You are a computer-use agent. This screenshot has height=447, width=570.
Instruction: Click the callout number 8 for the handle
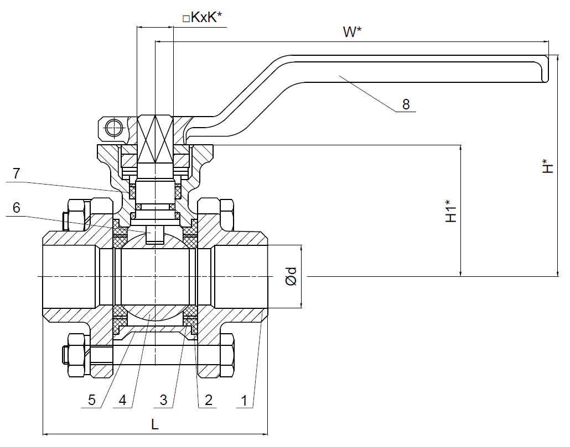tap(406, 104)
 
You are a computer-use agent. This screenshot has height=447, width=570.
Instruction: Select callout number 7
tap(17, 173)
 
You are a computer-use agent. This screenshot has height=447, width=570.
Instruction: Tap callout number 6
tap(17, 208)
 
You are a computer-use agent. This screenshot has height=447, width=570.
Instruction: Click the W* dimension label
tap(352, 32)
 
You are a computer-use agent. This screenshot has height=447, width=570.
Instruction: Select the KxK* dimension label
tap(203, 18)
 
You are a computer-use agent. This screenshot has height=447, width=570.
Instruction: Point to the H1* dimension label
tap(452, 212)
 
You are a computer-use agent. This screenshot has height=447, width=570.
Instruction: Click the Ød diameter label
tap(292, 276)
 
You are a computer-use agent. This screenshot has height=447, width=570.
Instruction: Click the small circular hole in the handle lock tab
tap(113, 128)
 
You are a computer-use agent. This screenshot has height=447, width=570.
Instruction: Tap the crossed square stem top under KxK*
tap(155, 138)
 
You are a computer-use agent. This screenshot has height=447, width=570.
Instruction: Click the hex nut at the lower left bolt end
tap(76, 354)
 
